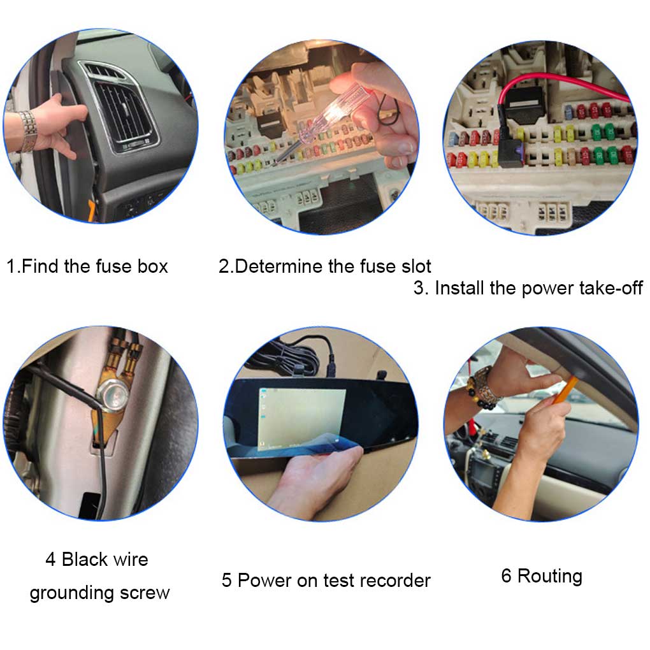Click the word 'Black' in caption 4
(85, 560)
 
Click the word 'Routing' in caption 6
(550, 577)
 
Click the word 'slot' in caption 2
(415, 266)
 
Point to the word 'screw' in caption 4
(145, 593)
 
